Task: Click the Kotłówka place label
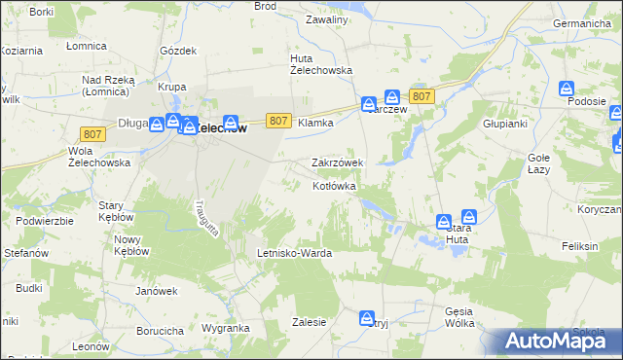(x=334, y=186)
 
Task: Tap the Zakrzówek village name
(x=337, y=162)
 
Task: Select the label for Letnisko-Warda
(x=294, y=253)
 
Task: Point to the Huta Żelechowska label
(x=320, y=64)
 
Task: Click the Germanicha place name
(x=586, y=22)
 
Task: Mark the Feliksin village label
(x=579, y=247)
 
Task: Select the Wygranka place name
(x=226, y=329)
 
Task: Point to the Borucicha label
(x=160, y=331)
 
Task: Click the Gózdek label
(x=178, y=50)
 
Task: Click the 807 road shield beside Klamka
(x=278, y=121)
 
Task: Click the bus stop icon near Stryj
(x=366, y=317)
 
